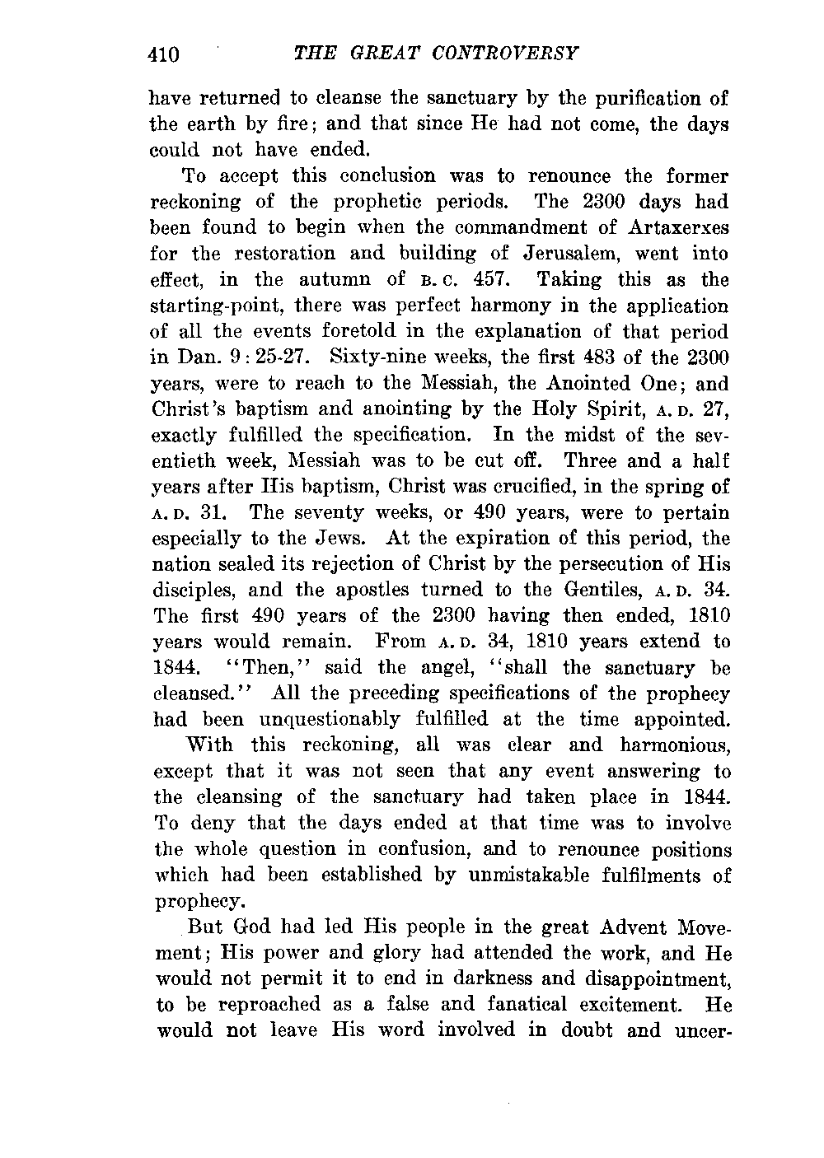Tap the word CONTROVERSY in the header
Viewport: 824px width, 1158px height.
point(511,54)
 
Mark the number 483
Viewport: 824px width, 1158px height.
point(582,357)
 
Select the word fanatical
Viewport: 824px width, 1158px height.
point(532,1004)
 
